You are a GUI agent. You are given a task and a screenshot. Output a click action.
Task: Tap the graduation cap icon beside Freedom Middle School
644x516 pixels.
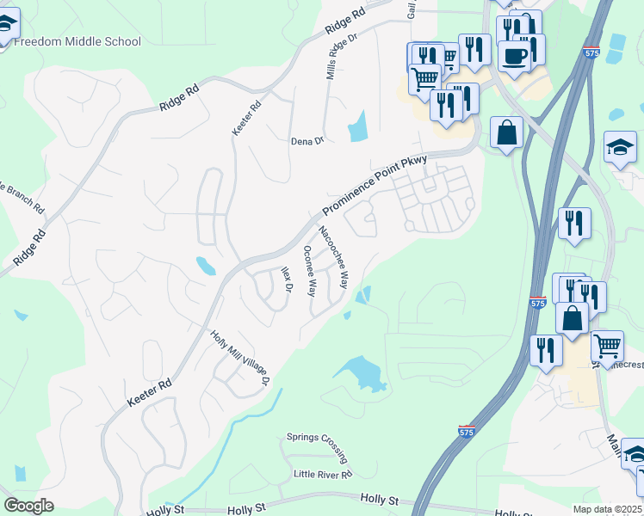pos(5,25)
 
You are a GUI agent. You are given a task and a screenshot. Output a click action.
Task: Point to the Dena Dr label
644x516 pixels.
pos(307,140)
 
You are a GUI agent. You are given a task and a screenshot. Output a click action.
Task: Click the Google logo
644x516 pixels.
pos(28,506)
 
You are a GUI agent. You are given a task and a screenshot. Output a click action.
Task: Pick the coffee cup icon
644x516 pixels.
pos(516,56)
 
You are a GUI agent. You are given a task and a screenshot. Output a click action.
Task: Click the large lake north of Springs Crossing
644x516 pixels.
pos(362,373)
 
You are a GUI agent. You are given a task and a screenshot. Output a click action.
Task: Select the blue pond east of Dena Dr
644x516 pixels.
pos(356,126)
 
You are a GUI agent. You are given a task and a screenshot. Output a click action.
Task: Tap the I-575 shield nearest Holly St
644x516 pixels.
pos(466,429)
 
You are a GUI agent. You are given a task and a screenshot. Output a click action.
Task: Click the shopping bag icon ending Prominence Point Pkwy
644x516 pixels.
pos(507,132)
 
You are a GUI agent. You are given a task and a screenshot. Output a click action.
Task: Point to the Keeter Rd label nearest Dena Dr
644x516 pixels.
pos(246,118)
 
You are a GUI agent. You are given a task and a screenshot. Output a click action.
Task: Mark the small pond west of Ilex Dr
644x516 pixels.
pos(206,266)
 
